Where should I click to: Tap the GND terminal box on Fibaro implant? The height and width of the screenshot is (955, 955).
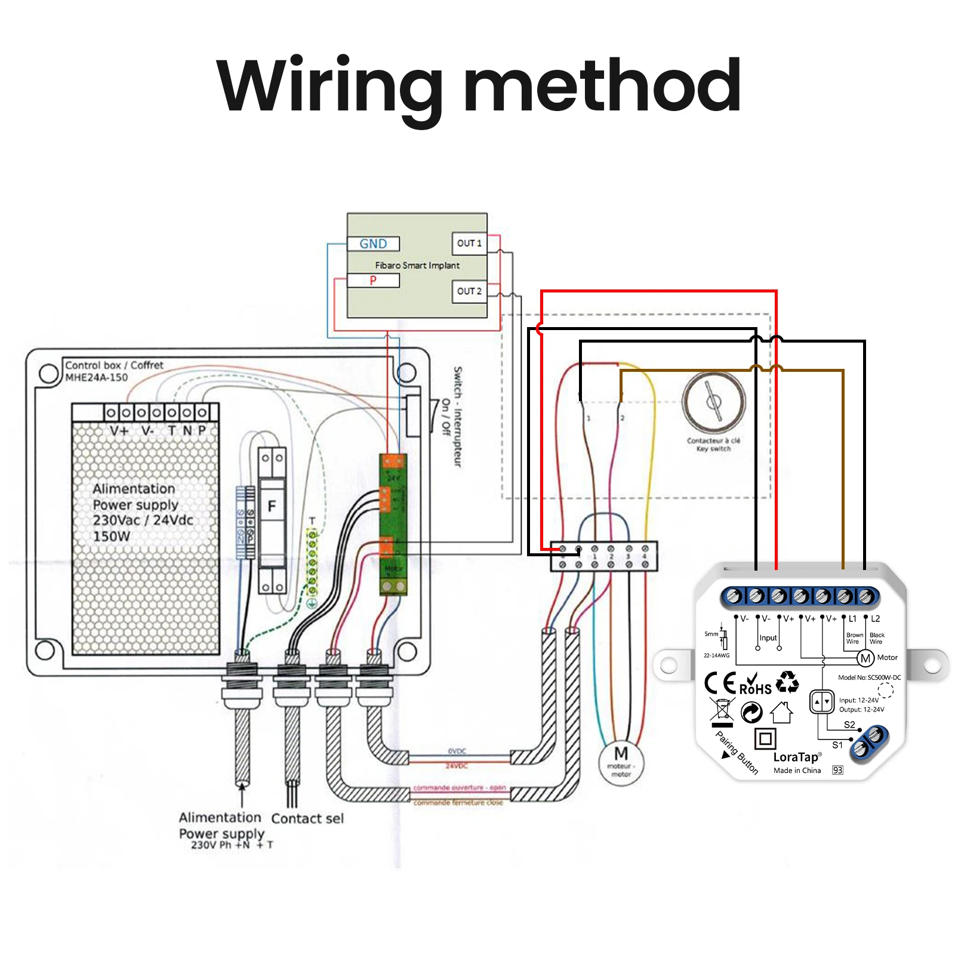(x=374, y=244)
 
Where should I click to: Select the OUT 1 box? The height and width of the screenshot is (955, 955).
(x=469, y=243)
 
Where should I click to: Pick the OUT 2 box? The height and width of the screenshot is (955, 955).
(x=469, y=291)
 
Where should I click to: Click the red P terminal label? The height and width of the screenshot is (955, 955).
(x=373, y=281)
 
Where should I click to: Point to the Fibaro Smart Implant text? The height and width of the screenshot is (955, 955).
(x=417, y=265)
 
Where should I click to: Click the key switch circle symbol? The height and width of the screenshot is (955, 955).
(x=714, y=401)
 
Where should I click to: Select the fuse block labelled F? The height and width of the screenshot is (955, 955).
(x=272, y=507)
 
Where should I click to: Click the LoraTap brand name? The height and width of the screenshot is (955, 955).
(x=796, y=757)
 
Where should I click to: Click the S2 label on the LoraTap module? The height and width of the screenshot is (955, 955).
(x=849, y=725)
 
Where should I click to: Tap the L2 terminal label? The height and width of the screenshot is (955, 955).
(x=875, y=619)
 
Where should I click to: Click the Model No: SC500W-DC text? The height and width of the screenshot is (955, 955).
(x=869, y=677)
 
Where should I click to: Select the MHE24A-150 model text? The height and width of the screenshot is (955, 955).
(x=96, y=377)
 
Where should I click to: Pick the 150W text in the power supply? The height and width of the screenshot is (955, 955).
(x=112, y=536)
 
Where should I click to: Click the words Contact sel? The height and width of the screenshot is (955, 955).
(x=307, y=818)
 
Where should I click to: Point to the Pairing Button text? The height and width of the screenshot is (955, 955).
(x=737, y=753)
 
